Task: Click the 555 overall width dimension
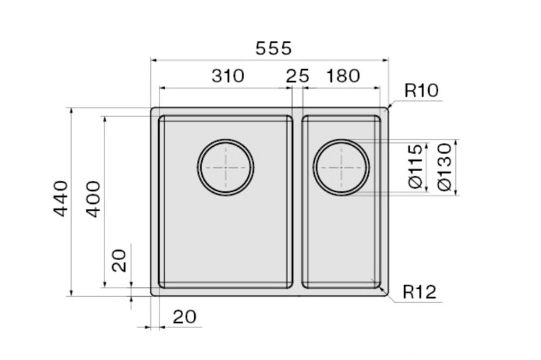(273, 48)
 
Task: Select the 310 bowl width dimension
(228, 76)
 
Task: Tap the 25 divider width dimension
(297, 76)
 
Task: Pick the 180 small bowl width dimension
(343, 76)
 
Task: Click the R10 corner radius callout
(421, 91)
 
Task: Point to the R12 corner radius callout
(420, 292)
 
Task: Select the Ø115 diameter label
(415, 167)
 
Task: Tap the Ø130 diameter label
(445, 167)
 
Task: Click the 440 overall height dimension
(61, 198)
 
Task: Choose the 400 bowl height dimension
(93, 199)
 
